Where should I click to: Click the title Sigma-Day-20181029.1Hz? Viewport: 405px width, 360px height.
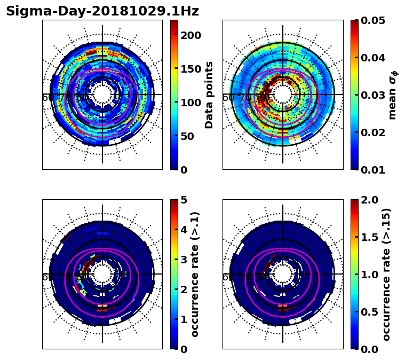102,11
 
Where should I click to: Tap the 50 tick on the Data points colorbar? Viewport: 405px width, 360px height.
187,136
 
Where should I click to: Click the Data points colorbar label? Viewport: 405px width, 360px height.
209,95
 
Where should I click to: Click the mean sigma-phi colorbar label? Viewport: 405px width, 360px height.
393,95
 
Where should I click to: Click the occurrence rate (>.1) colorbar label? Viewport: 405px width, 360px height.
195,274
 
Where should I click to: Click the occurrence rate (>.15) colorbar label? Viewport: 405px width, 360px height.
386,274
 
